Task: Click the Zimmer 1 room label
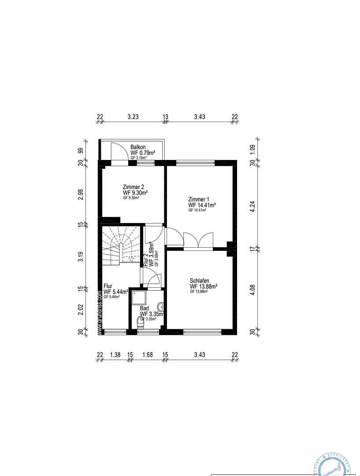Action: (199, 199)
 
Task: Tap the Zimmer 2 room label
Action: (133, 186)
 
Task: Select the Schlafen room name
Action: (199, 280)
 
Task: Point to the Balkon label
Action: (138, 147)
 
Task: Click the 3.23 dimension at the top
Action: (133, 117)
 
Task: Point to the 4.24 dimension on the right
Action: (252, 208)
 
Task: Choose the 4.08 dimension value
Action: (252, 290)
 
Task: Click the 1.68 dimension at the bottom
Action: (147, 354)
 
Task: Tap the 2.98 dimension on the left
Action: (81, 194)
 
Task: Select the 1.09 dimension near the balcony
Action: (252, 149)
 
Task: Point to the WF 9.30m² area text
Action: (135, 193)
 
